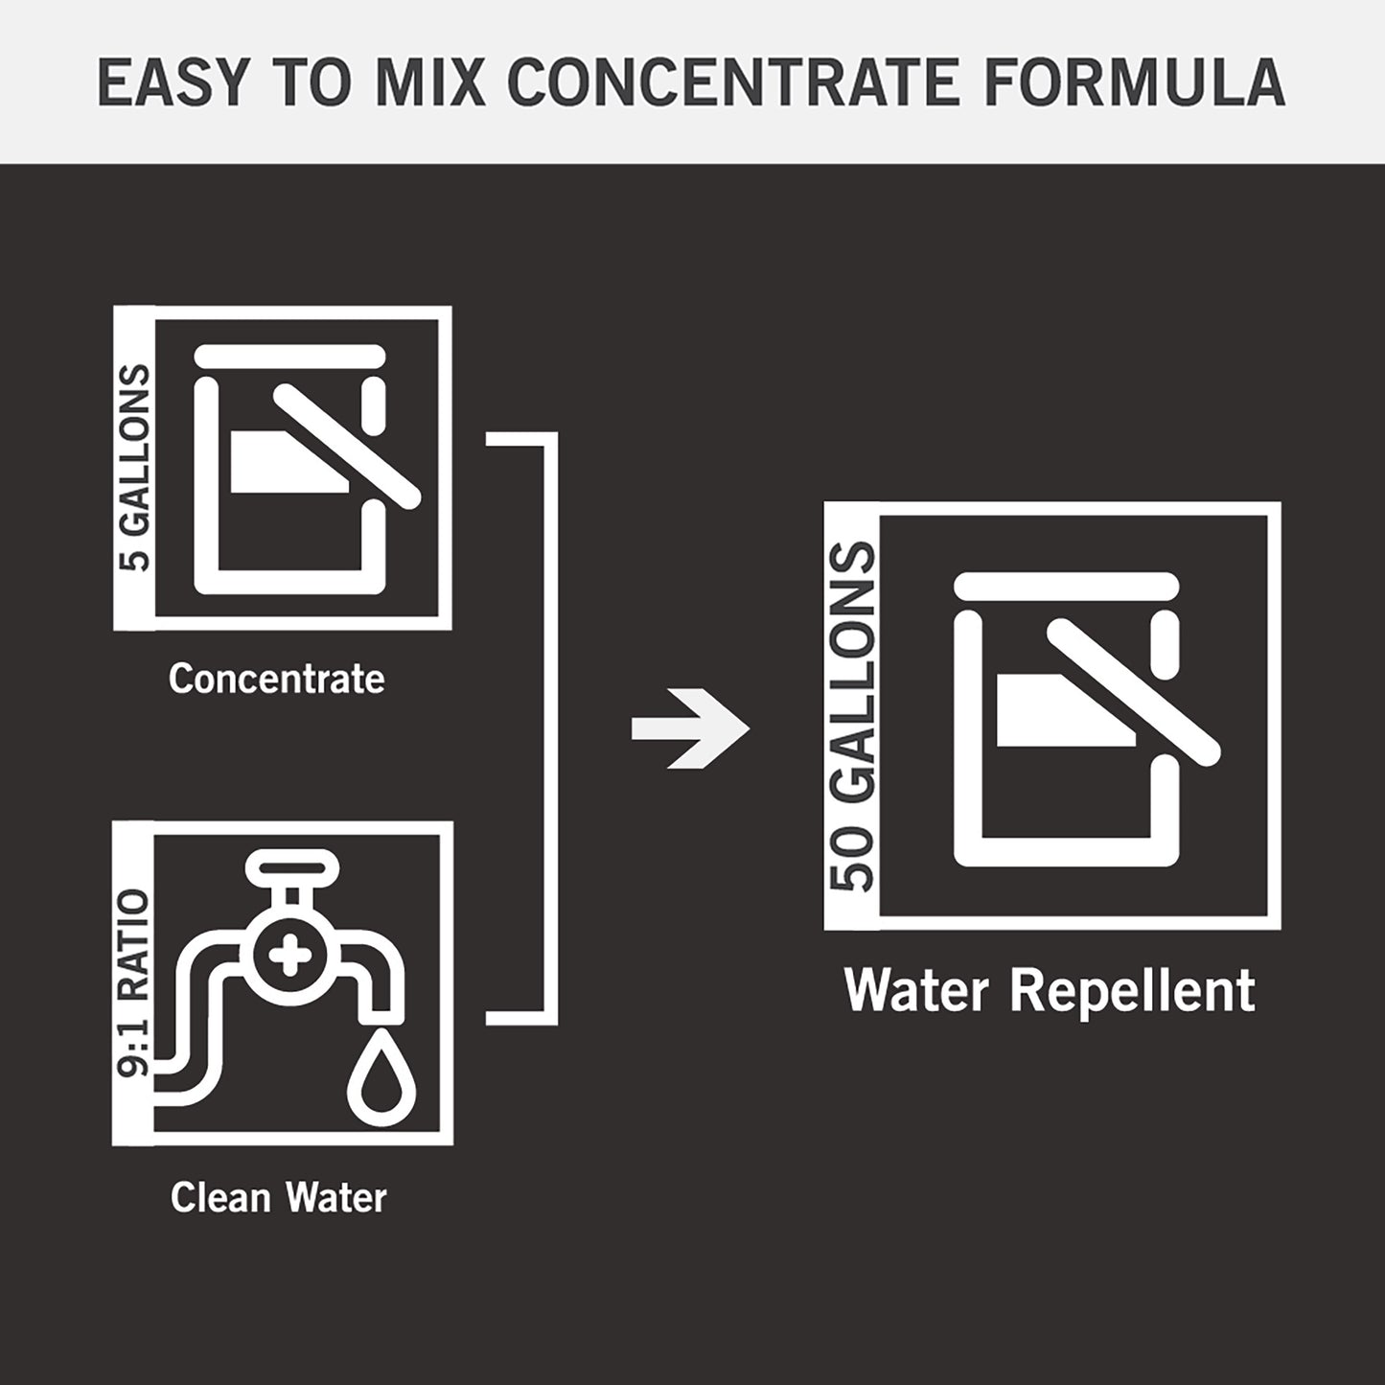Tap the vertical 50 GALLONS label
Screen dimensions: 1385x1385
pos(852,717)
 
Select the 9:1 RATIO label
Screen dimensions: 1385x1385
pos(133,983)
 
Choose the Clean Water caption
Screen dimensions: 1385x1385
pos(278,1197)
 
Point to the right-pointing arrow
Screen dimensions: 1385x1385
pos(691,728)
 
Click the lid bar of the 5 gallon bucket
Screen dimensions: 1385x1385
pos(290,355)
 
